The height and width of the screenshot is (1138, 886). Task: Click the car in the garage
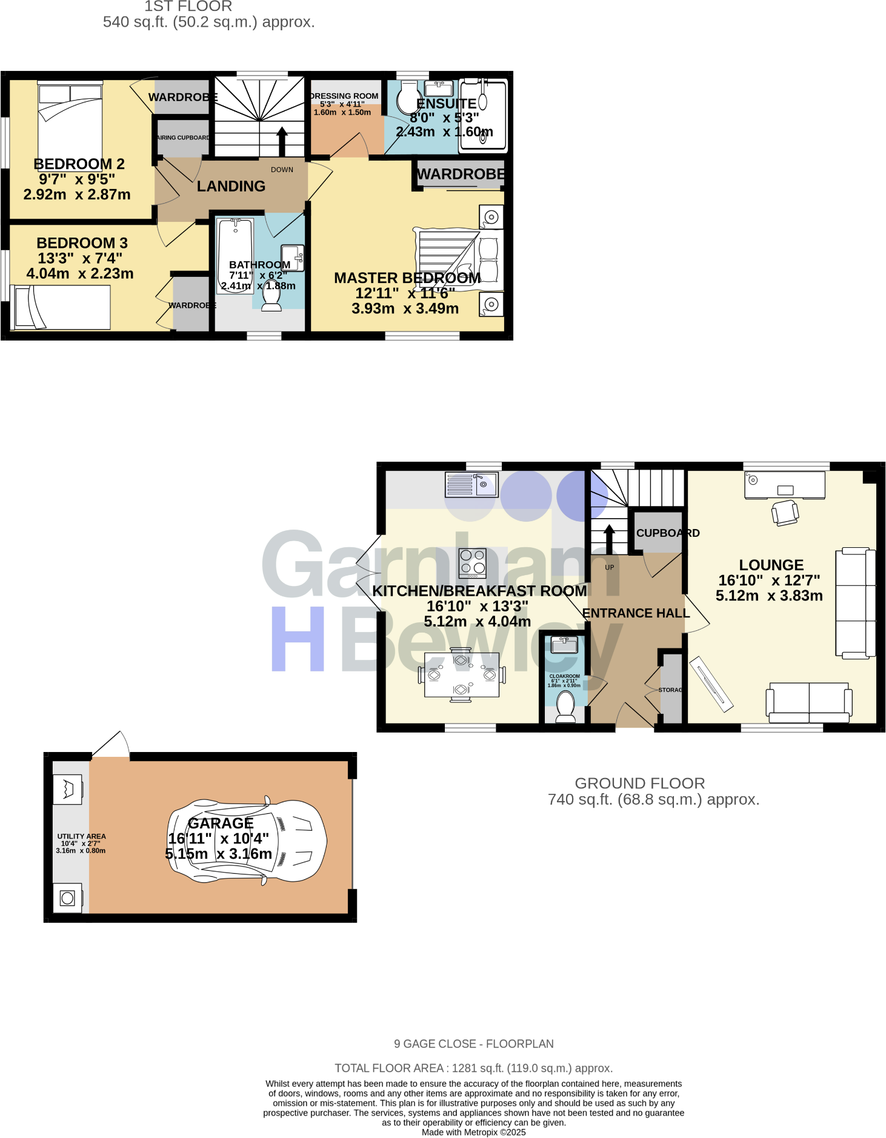tap(247, 840)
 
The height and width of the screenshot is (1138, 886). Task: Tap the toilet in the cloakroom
tap(565, 707)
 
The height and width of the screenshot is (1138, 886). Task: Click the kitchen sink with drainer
tap(471, 485)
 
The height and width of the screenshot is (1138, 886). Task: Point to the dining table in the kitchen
tap(462, 674)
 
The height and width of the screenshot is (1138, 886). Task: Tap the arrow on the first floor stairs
tap(282, 141)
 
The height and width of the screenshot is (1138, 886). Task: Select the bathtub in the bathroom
tap(235, 255)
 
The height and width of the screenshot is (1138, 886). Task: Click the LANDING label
tap(231, 186)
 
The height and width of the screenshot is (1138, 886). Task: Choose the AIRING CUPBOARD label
tap(183, 138)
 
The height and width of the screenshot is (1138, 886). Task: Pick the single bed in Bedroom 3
tap(61, 307)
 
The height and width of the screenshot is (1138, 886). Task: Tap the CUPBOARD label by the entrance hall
tap(667, 533)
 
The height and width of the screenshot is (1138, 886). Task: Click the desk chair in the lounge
tap(785, 512)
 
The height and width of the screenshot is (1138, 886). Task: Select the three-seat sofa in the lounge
tap(855, 603)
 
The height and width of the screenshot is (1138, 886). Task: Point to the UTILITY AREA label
tap(81, 836)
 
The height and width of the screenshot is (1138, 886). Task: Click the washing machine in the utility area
tap(67, 898)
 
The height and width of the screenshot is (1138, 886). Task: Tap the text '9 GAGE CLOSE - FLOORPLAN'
tap(473, 1043)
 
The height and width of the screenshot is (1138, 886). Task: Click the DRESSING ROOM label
tap(344, 96)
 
